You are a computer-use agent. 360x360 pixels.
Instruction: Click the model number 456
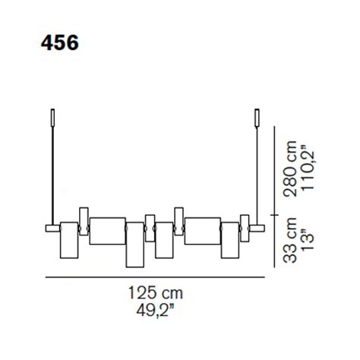pos(60,43)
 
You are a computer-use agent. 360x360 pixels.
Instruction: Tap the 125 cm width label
pos(156,293)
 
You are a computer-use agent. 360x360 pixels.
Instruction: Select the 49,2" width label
pos(156,310)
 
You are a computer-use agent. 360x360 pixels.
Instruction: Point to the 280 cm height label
pos(290,169)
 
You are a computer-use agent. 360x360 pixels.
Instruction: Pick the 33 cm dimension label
pos(290,240)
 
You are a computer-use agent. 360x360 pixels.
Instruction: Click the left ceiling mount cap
pos(52,117)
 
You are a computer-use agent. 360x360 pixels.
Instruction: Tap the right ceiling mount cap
pos(257,117)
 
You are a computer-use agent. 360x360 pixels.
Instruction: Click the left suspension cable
pos(52,175)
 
